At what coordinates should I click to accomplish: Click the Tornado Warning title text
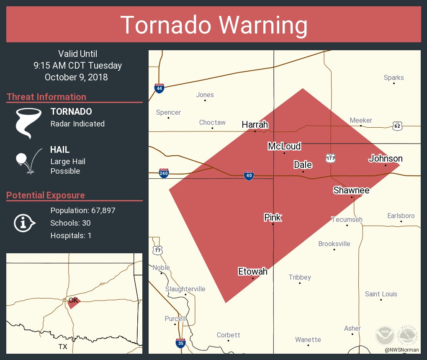[213, 25]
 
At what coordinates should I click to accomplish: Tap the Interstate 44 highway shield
[159, 88]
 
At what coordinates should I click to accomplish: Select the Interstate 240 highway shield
[164, 173]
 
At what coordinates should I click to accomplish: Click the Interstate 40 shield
[249, 176]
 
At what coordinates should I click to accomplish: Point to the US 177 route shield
[330, 158]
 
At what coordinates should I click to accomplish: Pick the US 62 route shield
[397, 125]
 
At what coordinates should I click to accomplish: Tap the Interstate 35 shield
[180, 343]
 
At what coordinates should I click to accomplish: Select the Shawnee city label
[351, 190]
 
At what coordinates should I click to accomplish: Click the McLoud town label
[284, 146]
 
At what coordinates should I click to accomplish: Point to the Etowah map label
[252, 272]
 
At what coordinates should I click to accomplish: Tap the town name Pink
[273, 217]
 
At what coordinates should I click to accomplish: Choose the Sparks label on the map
[394, 77]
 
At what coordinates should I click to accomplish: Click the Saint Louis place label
[381, 294]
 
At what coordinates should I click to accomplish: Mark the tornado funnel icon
[28, 122]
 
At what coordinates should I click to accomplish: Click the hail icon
[28, 160]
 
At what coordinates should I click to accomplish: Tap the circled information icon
[24, 223]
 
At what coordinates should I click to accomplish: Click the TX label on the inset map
[63, 347]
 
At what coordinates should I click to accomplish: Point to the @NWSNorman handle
[402, 350]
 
